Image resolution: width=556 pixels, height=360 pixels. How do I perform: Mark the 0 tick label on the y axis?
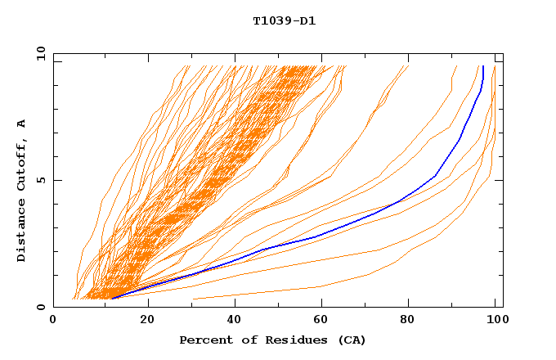pyautogui.click(x=41, y=308)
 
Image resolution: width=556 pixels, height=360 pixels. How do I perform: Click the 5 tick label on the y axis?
pyautogui.click(x=41, y=180)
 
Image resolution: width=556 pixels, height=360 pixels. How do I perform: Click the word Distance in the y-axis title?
pyautogui.click(x=22, y=233)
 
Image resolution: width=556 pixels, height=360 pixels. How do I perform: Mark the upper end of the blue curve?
pyautogui.click(x=483, y=66)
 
